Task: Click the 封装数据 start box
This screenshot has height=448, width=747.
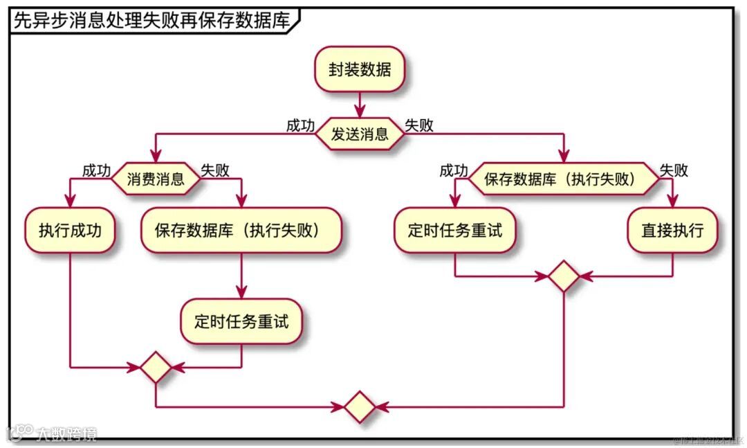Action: point(359,70)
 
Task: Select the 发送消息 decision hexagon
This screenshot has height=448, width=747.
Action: point(360,134)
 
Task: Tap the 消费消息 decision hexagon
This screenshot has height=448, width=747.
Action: point(156,180)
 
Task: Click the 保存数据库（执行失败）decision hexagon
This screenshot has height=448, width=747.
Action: point(563,180)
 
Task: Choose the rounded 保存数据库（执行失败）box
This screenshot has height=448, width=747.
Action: point(241,230)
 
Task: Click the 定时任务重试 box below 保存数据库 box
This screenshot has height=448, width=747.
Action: point(241,321)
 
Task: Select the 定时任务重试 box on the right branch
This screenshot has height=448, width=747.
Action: point(454,230)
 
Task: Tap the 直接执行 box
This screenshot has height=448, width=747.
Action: point(672,230)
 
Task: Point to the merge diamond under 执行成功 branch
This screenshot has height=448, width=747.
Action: point(155,367)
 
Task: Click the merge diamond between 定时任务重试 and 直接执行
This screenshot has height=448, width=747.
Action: point(564,276)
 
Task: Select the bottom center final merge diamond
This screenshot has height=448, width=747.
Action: point(360,407)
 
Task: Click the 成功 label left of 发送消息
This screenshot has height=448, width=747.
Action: point(300,126)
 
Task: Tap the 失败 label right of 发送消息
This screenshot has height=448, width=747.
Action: point(419,126)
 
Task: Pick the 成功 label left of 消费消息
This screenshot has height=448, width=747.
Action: point(96,171)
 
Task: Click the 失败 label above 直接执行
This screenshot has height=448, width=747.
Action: point(674,171)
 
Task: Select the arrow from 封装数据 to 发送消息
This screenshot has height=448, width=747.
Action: point(359,105)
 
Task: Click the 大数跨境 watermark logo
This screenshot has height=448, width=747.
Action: point(52,433)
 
